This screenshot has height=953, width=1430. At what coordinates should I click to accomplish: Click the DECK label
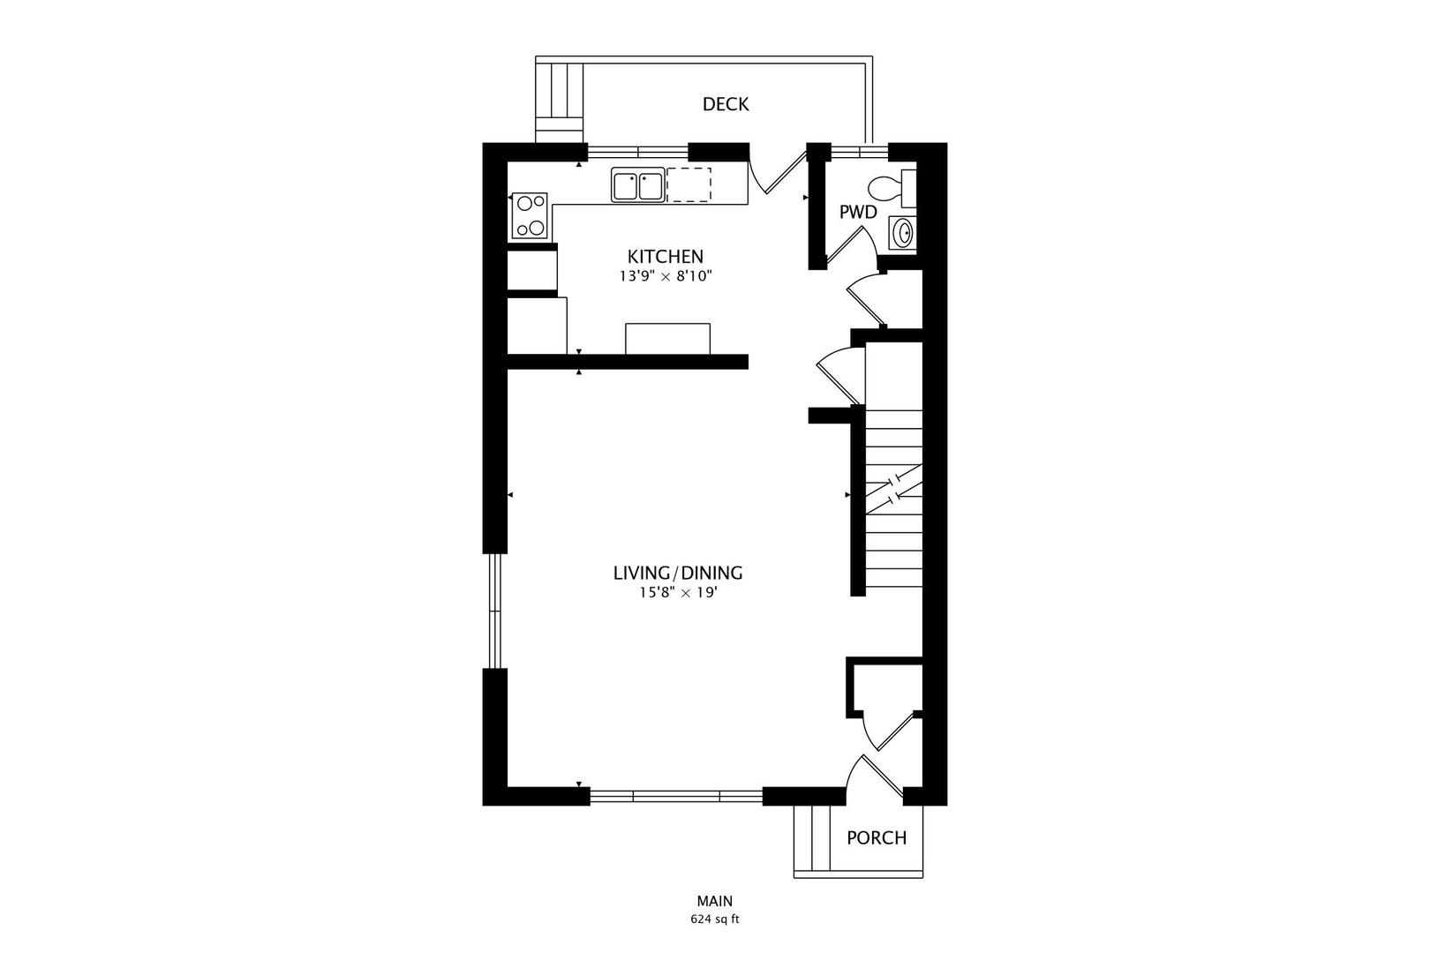click(x=726, y=104)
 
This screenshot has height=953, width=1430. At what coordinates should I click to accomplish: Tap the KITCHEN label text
click(x=665, y=257)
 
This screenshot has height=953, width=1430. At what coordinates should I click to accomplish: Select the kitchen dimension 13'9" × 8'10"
click(x=665, y=276)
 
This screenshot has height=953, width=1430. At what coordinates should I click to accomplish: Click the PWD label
click(x=857, y=213)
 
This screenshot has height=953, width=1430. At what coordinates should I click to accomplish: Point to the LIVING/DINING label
click(x=678, y=573)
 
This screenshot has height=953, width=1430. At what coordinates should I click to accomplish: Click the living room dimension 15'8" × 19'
click(x=678, y=593)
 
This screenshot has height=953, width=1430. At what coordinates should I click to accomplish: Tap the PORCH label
click(x=877, y=837)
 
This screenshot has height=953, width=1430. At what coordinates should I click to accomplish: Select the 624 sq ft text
click(x=715, y=919)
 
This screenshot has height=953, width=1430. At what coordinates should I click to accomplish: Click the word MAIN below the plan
click(x=715, y=901)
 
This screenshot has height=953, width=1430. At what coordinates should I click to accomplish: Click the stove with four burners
click(x=530, y=216)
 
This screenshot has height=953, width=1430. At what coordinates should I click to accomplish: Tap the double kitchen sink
click(x=637, y=186)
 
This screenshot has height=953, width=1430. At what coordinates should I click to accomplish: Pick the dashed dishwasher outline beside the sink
click(x=689, y=184)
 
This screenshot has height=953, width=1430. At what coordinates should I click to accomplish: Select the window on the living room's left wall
click(x=495, y=611)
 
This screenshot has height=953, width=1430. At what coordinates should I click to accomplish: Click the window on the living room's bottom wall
click(x=676, y=796)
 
